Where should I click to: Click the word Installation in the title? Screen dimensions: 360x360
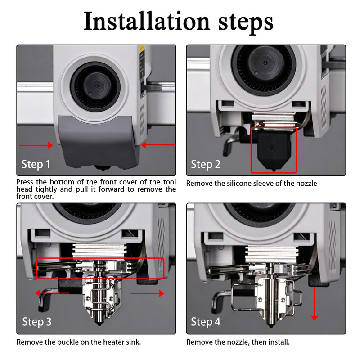click(x=147, y=21)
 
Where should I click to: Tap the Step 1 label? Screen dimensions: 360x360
click(x=36, y=164)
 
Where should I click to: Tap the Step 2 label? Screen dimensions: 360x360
click(x=206, y=164)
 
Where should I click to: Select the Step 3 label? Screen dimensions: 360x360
click(x=37, y=322)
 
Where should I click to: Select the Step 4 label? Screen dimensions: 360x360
click(x=206, y=322)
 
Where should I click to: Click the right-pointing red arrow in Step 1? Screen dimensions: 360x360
click(x=36, y=145)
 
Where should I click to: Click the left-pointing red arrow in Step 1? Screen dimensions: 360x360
click(x=158, y=145)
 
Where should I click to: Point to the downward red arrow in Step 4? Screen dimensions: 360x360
click(x=314, y=303)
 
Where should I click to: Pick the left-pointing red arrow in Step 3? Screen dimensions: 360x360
click(x=52, y=293)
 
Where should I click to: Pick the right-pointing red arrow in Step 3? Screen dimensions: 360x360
click(x=148, y=293)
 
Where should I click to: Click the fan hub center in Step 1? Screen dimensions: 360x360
click(x=97, y=86)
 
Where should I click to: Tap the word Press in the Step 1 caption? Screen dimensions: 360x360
click(x=25, y=182)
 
